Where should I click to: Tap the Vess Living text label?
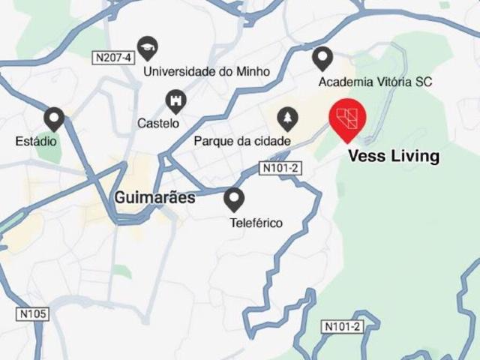394,157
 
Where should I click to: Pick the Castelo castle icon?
175,100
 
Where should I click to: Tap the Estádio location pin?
54,118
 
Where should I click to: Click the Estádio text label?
36,140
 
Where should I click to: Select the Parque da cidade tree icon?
286,118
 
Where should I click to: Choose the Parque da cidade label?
241,140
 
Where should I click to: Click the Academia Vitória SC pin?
322,57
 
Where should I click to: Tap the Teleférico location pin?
235,199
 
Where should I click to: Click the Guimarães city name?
154,198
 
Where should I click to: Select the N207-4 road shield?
113,57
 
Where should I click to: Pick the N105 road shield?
31,313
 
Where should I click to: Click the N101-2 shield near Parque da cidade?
280,168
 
